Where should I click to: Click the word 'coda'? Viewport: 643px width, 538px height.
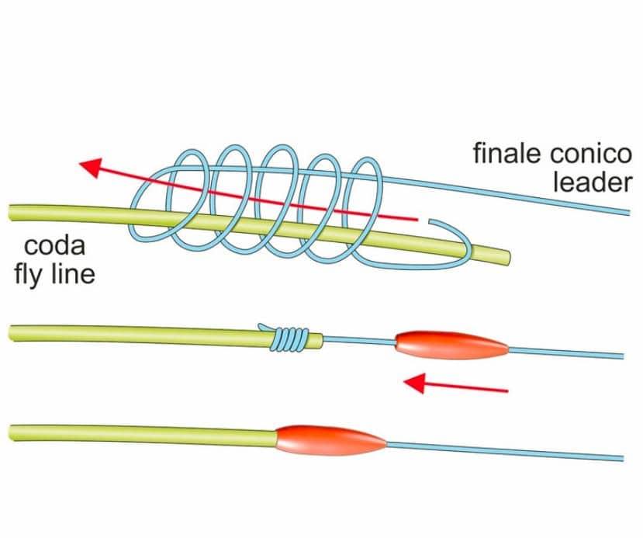coord(54,248)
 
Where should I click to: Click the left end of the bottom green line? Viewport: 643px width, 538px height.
coord(12,429)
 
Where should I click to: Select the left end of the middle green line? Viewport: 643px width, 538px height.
coord(12,333)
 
